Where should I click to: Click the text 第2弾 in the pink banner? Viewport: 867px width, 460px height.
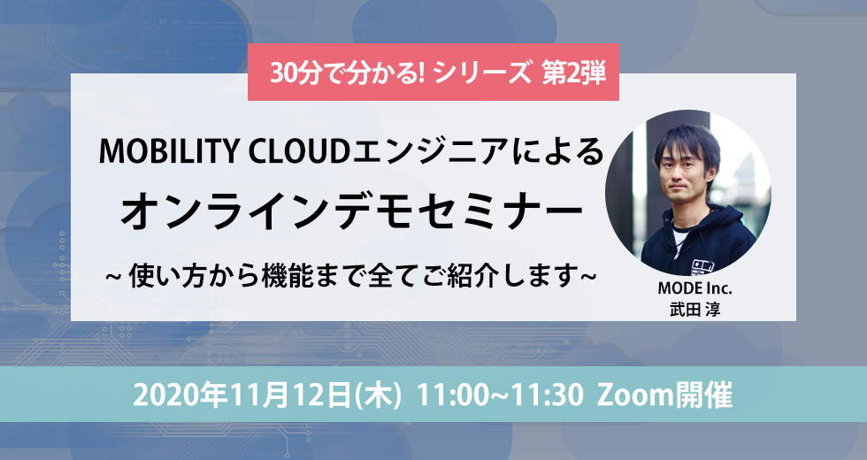573,73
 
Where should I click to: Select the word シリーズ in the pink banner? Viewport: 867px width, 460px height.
482,73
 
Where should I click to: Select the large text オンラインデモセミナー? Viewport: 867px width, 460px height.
352,213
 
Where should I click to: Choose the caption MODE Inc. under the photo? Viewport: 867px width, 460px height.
694,288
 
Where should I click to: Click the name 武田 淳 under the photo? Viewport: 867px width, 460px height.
695,309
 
